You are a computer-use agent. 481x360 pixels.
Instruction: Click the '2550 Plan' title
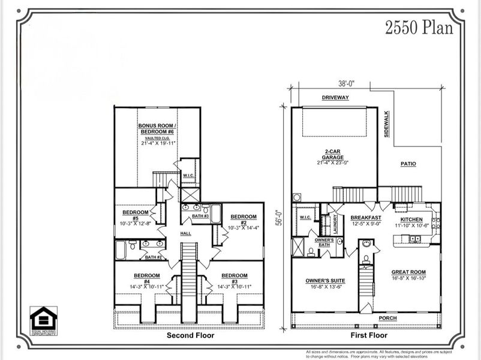pyautogui.click(x=419, y=28)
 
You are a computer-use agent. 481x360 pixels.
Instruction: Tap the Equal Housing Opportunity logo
pyautogui.click(x=44, y=320)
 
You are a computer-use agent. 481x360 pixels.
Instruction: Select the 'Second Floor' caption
pyautogui.click(x=190, y=335)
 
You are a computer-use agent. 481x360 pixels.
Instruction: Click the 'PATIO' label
pyautogui.click(x=408, y=164)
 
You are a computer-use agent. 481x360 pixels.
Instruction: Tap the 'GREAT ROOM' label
pyautogui.click(x=408, y=271)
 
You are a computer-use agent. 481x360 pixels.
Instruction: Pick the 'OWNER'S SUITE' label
pyautogui.click(x=323, y=280)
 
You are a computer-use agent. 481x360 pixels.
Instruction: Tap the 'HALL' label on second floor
pyautogui.click(x=185, y=233)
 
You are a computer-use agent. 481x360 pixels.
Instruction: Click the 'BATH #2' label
pyautogui.click(x=154, y=257)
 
